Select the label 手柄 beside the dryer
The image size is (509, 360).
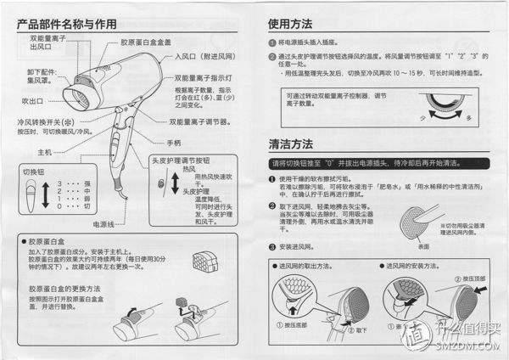(174, 143)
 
